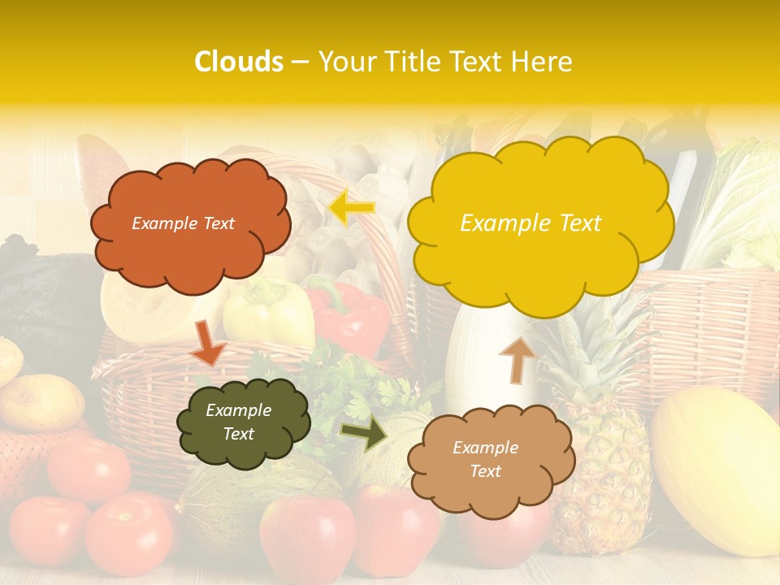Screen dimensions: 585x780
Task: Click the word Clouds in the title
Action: (239, 62)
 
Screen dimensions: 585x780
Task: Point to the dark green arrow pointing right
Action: (364, 435)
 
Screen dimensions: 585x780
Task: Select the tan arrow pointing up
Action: (517, 358)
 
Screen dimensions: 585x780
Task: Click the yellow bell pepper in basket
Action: (268, 314)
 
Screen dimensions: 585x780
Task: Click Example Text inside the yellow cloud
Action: (531, 223)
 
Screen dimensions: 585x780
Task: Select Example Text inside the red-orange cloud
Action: (183, 223)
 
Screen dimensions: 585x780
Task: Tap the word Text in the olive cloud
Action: (239, 434)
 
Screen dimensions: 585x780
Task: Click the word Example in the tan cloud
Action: (485, 448)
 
